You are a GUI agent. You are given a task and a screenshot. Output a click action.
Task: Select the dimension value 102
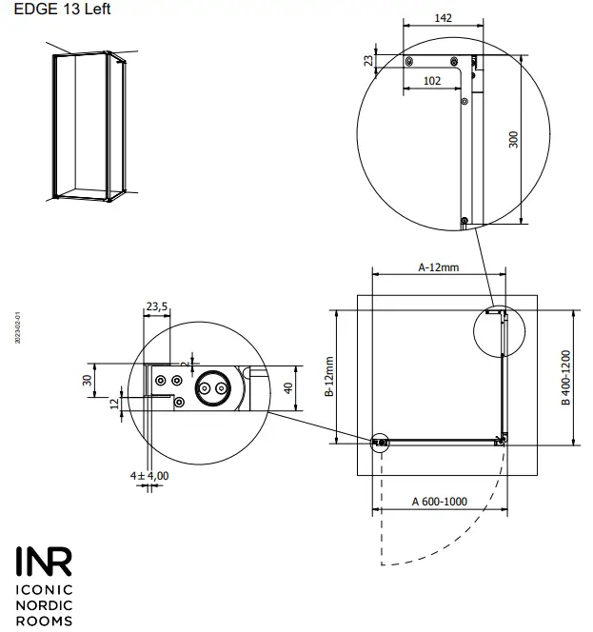pos(431,82)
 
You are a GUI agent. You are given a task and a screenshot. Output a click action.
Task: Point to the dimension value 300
pos(514,140)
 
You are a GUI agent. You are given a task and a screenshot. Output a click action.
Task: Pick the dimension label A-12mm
pos(439,267)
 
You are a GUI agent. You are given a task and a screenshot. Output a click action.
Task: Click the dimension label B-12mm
pos(329,377)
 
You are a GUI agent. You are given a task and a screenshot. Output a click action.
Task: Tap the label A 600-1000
pos(439,502)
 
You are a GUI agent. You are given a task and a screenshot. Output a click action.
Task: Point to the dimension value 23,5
pos(157,306)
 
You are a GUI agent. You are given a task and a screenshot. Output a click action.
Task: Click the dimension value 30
pos(88,380)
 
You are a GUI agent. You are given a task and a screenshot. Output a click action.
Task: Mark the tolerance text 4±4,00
pos(149,475)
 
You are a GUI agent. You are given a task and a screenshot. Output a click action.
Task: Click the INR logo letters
pos(43,562)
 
